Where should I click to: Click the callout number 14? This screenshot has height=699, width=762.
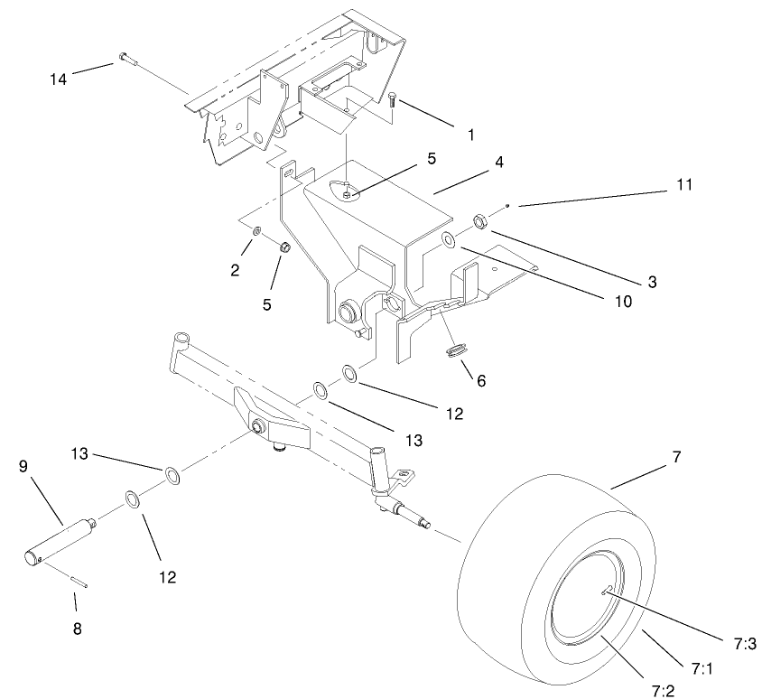[x=59, y=78]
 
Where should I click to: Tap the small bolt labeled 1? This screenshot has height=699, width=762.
[x=394, y=101]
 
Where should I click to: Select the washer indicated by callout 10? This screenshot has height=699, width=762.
[x=448, y=240]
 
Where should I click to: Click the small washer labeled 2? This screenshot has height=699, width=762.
[x=257, y=232]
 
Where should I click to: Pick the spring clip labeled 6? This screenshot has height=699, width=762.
[x=456, y=348]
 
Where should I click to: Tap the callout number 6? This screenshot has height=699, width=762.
[x=480, y=381]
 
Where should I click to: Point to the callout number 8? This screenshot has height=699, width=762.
[x=77, y=628]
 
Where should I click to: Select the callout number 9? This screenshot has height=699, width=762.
[x=24, y=466]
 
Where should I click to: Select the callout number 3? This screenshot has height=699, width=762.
[x=650, y=282]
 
